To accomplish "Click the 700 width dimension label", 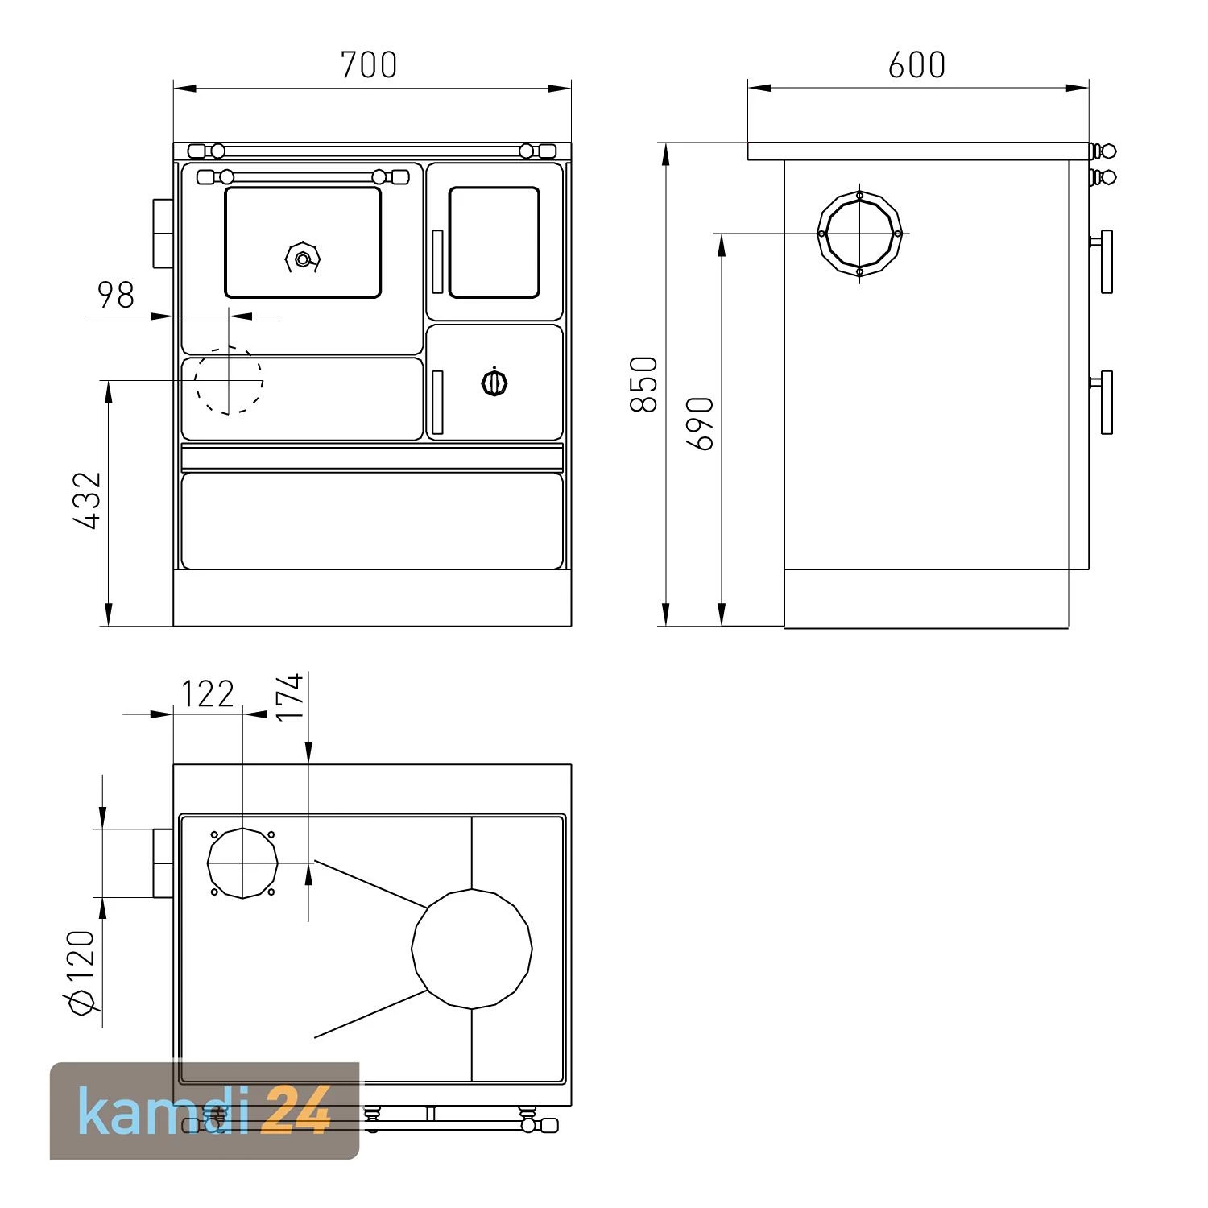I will click(369, 65).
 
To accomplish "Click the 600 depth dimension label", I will click(916, 65).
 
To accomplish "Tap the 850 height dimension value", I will click(644, 384).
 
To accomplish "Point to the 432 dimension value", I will click(88, 501).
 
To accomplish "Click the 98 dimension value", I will click(116, 296).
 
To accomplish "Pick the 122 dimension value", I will click(206, 694).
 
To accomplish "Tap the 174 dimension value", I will click(290, 697).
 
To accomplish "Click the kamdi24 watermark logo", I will click(205, 1111).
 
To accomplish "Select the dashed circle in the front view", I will click(230, 380).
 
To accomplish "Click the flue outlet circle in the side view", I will click(859, 233).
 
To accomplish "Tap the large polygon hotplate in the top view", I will click(472, 949).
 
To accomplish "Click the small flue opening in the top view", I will click(242, 863).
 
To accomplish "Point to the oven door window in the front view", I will click(303, 242).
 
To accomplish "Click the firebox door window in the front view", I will click(494, 242).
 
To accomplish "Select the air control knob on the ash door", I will click(494, 383).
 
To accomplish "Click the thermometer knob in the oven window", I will click(303, 259).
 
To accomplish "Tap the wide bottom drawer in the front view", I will click(372, 520).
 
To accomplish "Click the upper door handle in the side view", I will click(1106, 261).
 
